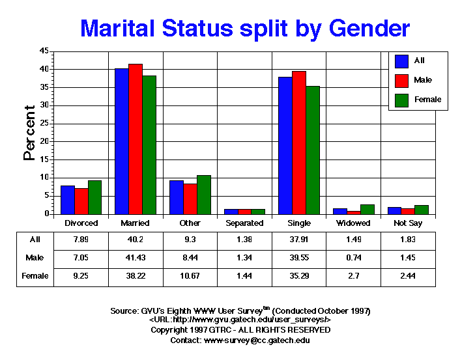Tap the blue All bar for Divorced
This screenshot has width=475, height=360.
(68, 199)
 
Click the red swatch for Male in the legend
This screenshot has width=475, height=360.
(402, 80)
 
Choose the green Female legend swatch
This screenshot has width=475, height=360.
(402, 100)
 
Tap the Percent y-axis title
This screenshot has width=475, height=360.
(29, 133)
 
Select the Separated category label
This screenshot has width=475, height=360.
(244, 223)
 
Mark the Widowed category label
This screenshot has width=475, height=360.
(353, 223)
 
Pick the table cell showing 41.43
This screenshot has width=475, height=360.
(136, 258)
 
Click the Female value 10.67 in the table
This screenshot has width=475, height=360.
(190, 276)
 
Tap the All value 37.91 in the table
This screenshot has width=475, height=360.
(298, 240)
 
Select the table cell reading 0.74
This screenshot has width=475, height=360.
(353, 258)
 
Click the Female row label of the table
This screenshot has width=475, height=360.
(35, 276)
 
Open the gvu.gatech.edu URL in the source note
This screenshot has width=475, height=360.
(240, 320)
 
